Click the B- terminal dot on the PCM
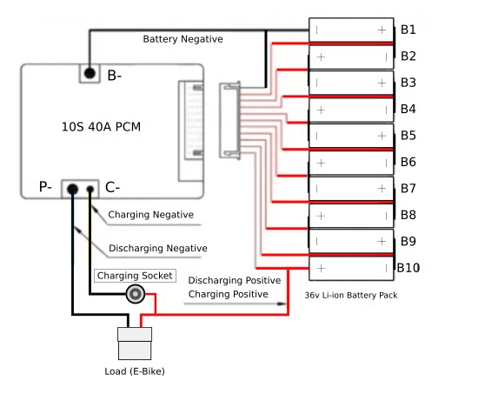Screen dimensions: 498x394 tap(90, 73)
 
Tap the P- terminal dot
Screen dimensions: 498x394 tap(73, 190)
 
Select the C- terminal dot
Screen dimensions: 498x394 tap(90, 190)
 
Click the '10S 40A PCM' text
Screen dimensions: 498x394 tap(101, 127)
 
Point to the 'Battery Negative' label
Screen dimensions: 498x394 tap(183, 39)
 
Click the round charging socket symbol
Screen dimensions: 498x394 tap(136, 294)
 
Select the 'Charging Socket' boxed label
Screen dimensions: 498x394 tap(135, 276)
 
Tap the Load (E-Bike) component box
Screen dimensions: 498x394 tap(135, 344)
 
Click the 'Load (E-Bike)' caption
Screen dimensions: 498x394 tap(135, 371)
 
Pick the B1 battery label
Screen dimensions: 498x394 tap(408, 30)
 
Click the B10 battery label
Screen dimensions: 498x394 tap(408, 268)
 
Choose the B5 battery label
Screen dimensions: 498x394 tap(408, 136)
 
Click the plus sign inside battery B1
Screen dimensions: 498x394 tap(382, 30)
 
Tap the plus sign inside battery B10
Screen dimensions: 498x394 tap(321, 269)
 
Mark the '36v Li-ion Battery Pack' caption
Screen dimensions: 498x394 tap(351, 296)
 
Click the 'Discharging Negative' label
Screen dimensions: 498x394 tap(158, 248)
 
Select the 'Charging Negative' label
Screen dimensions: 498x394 tap(151, 215)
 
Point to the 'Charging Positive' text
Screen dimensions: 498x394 tap(228, 294)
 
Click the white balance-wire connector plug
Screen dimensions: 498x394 tap(229, 120)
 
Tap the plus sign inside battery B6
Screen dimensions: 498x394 tap(321, 163)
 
